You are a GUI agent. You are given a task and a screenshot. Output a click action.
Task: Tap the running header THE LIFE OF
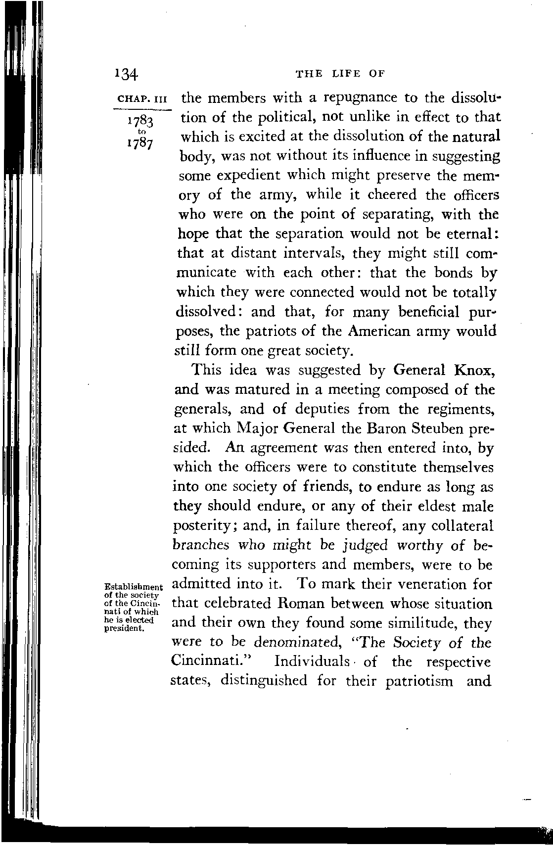pyautogui.click(x=339, y=74)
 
